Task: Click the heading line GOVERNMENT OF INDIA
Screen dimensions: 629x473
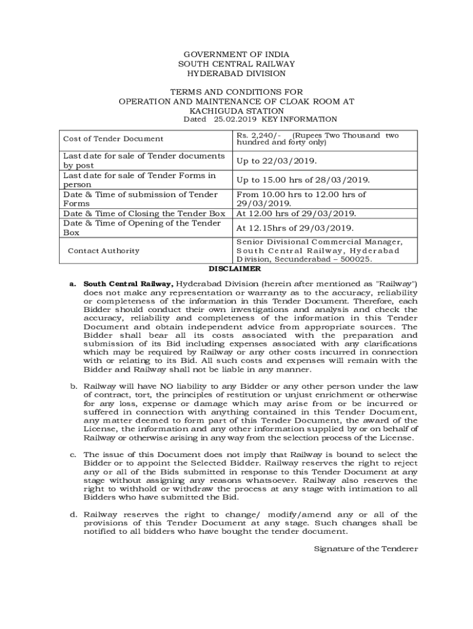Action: coord(237,54)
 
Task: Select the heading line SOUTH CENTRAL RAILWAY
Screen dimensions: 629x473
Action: coord(237,64)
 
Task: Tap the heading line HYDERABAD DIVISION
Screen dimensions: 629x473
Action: coord(237,73)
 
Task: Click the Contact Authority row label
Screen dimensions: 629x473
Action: coord(103,251)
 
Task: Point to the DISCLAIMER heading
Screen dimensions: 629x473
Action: coord(235,269)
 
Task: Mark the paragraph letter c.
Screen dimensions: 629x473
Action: coord(72,455)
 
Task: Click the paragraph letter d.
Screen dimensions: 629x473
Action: coord(72,514)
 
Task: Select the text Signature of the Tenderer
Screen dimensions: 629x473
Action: coord(365,548)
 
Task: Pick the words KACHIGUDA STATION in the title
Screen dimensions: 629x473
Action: coord(237,111)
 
